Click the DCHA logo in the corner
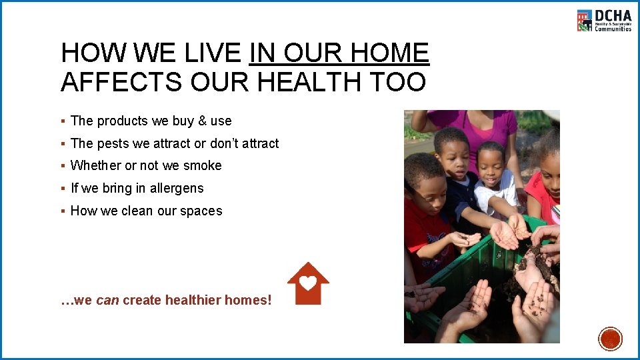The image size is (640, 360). [604, 21]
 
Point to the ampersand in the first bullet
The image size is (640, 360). [202, 121]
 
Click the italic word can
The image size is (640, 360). [107, 301]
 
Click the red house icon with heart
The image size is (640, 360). [308, 283]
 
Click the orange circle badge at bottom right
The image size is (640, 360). [610, 339]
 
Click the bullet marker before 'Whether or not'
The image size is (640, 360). [62, 166]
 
